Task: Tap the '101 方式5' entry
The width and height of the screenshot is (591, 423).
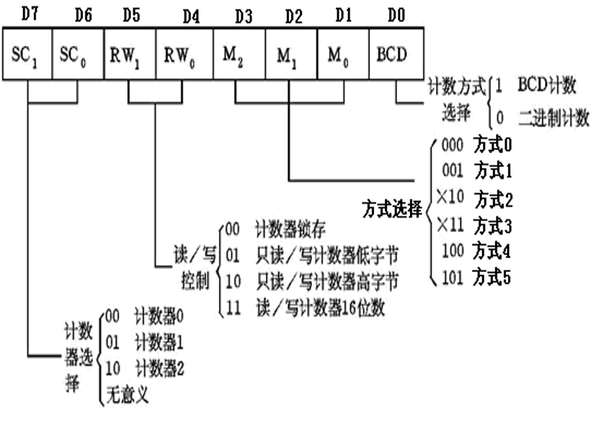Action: (x=476, y=277)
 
